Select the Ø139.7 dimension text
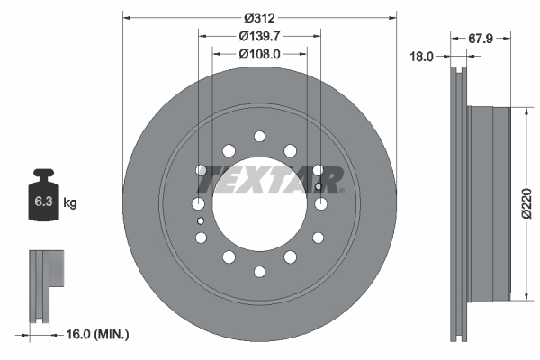click(x=259, y=35)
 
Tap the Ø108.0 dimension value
click(x=259, y=53)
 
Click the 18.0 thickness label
click(x=421, y=56)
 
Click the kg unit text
click(x=70, y=203)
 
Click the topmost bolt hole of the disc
click(x=259, y=136)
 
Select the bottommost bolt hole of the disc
click(x=259, y=270)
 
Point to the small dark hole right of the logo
click(x=319, y=188)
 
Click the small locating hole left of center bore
click(x=201, y=220)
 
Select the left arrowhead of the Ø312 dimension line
click(x=126, y=17)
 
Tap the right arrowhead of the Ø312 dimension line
click(x=392, y=17)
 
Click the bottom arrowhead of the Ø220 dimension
click(x=525, y=296)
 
